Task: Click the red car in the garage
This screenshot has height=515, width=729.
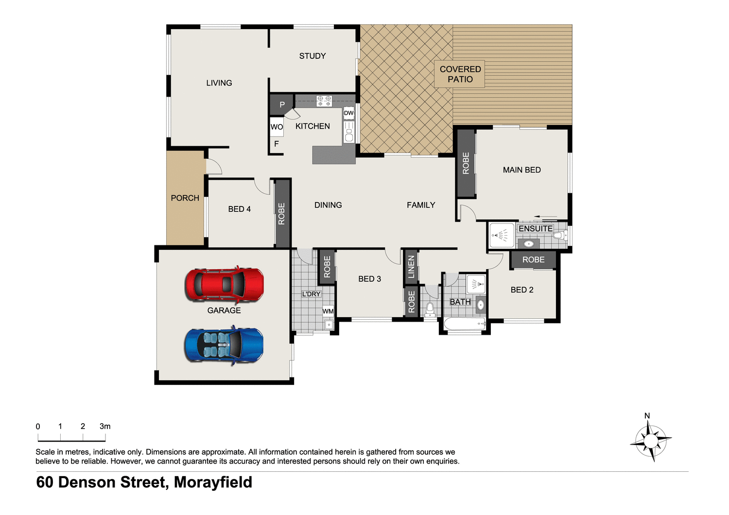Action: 224,284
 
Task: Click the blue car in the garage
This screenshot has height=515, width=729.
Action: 224,345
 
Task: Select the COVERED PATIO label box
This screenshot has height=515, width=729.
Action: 460,74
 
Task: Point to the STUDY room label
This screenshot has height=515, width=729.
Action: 312,56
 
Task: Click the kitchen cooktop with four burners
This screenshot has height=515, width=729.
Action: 324,101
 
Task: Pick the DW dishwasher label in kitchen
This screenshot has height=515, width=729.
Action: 348,113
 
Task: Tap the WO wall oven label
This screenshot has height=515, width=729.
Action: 277,127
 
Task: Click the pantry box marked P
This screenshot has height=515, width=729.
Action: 282,104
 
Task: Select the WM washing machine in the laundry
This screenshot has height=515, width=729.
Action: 328,311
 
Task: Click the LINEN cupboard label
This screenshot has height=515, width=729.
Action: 411,267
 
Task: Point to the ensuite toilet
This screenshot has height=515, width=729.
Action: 560,236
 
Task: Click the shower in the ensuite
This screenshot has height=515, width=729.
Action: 502,236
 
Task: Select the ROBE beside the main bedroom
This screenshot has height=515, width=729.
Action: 466,163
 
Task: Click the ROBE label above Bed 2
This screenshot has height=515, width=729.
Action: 533,260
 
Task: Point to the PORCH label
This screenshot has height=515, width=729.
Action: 185,198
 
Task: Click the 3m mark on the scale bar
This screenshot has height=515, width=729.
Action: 105,427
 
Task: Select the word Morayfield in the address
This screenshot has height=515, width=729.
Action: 213,482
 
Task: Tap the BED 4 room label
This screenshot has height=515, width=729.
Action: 239,209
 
